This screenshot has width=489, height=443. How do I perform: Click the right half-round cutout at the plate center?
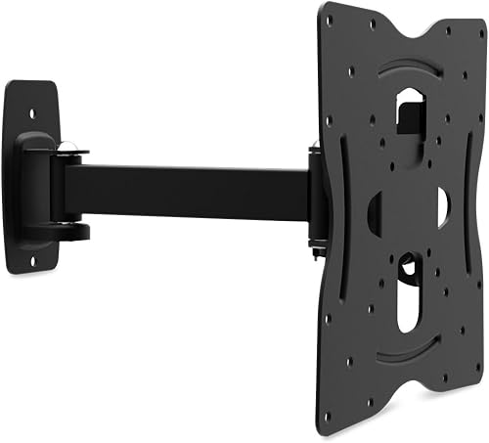coord(443,207)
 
